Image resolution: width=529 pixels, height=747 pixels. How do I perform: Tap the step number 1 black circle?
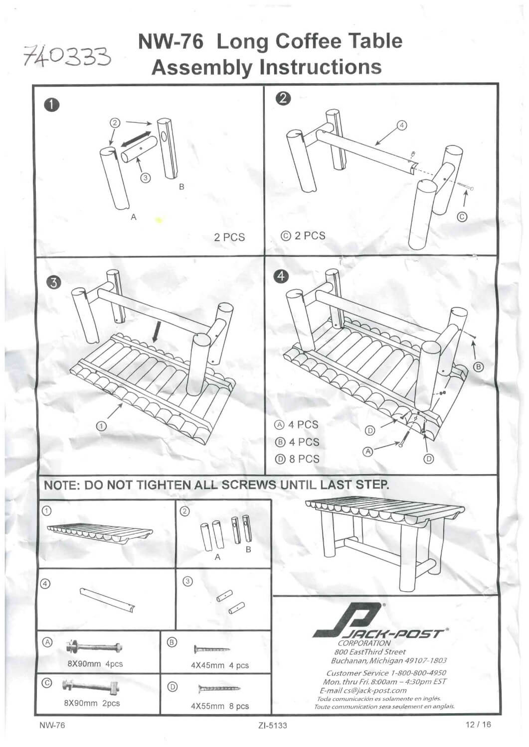[x=51, y=105]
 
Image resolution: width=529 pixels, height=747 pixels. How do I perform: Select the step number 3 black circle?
[x=53, y=282]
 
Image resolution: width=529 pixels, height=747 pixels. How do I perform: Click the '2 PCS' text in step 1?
[x=229, y=237]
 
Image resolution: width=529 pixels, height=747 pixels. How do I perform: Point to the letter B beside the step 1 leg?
[x=181, y=187]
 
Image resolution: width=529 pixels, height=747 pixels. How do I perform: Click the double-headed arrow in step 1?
[x=136, y=139]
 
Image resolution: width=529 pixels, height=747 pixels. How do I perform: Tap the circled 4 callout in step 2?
[x=402, y=125]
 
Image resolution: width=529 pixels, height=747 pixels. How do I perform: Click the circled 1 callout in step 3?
[x=102, y=426]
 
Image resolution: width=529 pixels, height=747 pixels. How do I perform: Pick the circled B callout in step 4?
[x=478, y=367]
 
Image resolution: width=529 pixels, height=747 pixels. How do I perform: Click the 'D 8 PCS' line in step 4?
[x=297, y=459]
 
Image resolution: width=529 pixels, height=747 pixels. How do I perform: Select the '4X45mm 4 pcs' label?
[x=219, y=665]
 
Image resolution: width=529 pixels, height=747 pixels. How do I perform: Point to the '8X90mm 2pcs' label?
[x=92, y=703]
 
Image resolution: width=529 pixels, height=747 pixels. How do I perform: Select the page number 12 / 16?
[x=477, y=724]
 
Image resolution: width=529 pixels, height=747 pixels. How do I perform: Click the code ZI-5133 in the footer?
[x=273, y=725]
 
